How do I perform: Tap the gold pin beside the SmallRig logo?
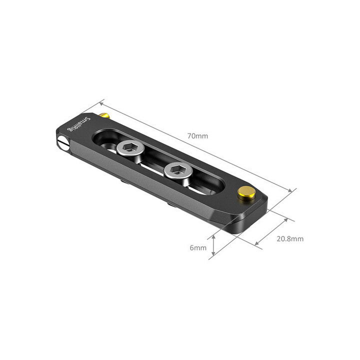[x=103, y=116]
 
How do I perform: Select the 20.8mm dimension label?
[x=289, y=238]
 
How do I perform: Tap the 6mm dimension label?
[x=198, y=247]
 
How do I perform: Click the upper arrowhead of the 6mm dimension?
[x=214, y=235]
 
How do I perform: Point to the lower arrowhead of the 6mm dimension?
[x=214, y=253]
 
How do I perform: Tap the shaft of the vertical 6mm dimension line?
[x=214, y=244]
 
